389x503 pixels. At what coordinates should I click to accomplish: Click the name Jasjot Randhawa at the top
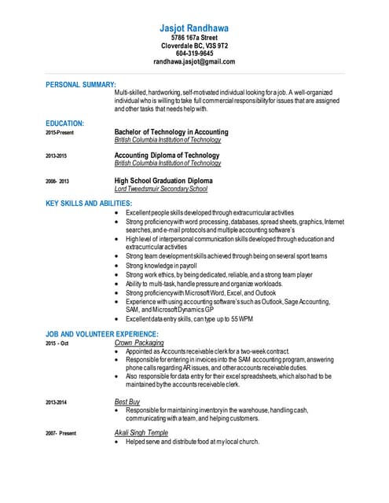coord(194,28)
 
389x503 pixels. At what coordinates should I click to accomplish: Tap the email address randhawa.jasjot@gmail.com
coord(194,61)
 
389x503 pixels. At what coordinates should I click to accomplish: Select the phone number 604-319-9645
coord(194,53)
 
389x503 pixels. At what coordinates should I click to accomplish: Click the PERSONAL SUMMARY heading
coord(81,84)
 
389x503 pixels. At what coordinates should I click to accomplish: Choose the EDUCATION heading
coord(65,123)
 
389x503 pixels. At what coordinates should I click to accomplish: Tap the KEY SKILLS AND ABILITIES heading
coord(89,204)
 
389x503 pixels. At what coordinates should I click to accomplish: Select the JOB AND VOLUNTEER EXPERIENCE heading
coord(102,334)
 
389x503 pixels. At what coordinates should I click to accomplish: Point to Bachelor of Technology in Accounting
coord(171,132)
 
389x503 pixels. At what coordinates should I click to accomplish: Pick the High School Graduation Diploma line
coord(163,181)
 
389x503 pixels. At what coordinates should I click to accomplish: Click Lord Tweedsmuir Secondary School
coord(161,189)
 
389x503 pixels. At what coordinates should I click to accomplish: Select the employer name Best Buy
coord(127,402)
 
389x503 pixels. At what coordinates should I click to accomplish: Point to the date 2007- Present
coord(61,434)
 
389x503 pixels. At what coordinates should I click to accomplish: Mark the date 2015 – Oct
coord(57,343)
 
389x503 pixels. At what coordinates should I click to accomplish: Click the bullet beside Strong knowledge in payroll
coord(118,266)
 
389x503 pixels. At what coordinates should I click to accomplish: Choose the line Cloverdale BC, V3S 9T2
coord(194,46)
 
